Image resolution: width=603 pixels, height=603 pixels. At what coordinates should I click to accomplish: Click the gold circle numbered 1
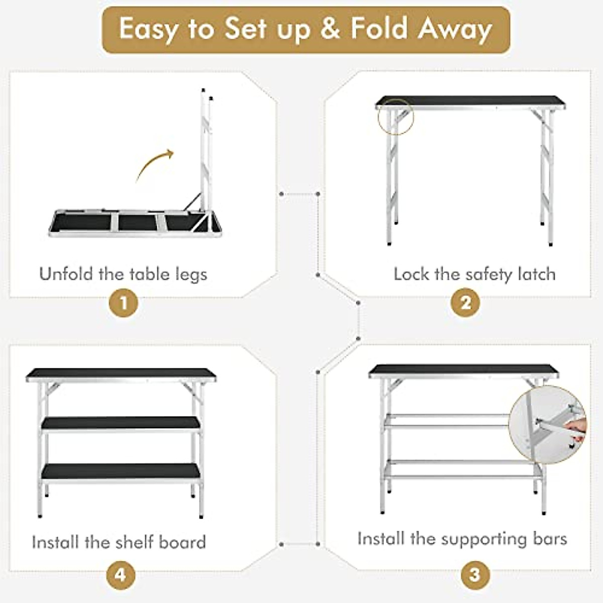click(123, 304)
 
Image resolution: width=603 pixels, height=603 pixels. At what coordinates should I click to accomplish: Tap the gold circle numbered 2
click(465, 304)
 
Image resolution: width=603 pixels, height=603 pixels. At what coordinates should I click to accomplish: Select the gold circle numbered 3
click(474, 574)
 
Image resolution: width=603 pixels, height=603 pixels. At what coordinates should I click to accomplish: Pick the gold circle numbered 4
click(121, 574)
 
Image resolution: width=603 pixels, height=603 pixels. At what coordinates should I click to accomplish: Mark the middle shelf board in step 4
click(121, 424)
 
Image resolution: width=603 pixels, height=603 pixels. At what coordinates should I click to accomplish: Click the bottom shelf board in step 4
click(121, 471)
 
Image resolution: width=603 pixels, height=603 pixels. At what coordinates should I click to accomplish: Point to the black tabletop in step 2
click(470, 102)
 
